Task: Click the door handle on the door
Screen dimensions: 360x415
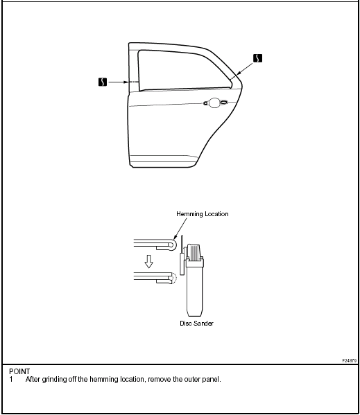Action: (x=215, y=103)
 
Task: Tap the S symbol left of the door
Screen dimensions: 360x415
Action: (x=103, y=82)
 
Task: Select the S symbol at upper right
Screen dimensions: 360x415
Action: (x=257, y=58)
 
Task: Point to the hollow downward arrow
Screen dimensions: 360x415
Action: (x=149, y=261)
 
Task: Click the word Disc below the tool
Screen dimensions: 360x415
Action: (x=185, y=323)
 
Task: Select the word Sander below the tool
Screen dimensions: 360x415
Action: (x=203, y=323)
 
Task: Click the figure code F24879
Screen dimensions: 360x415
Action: (x=350, y=360)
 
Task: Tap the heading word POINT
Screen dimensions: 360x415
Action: (x=19, y=371)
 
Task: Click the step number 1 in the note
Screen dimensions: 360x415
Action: (x=11, y=379)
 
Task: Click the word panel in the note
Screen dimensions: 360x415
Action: (x=212, y=379)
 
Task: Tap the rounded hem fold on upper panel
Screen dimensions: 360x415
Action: (x=172, y=245)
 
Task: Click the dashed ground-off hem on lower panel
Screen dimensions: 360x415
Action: (x=174, y=278)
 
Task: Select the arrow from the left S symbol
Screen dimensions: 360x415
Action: (x=119, y=82)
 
